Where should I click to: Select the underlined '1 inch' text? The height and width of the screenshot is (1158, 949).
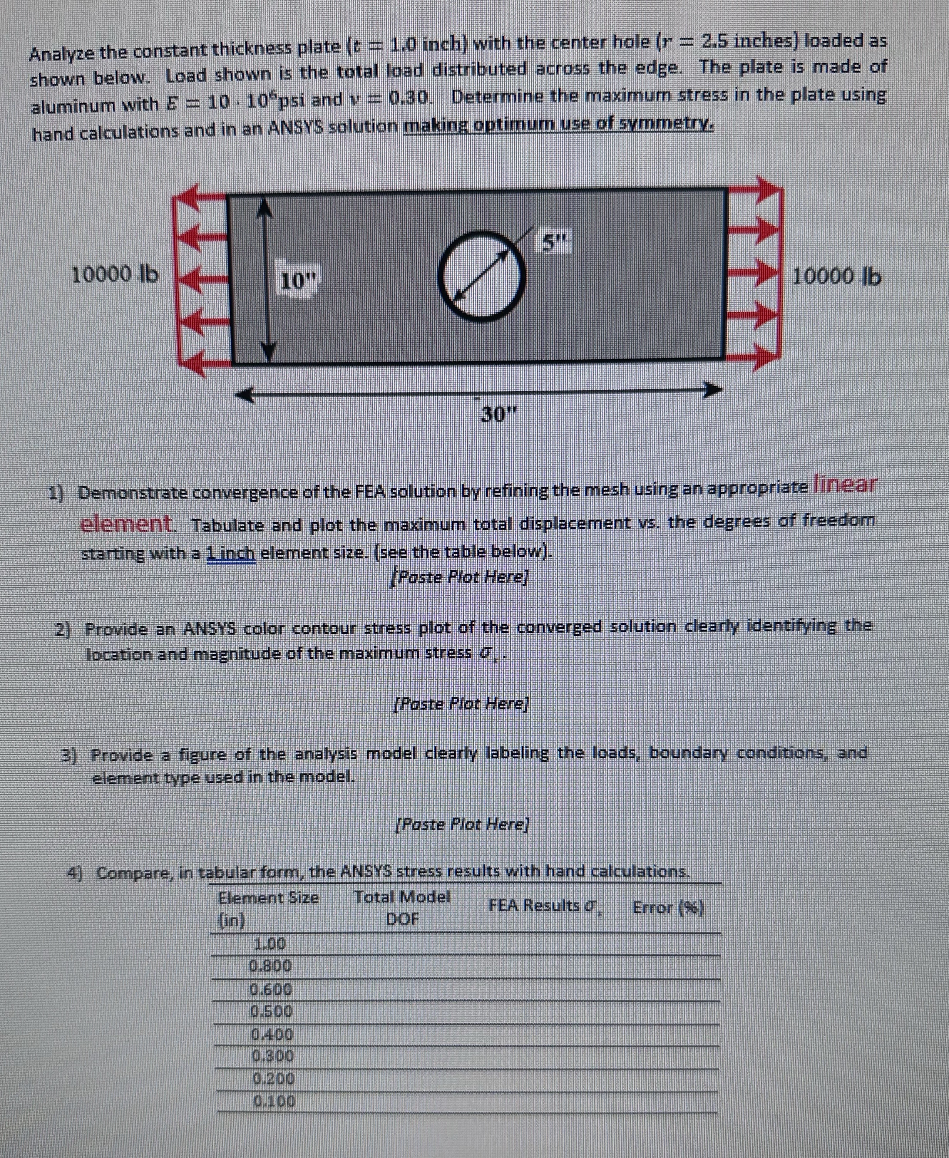231,553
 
